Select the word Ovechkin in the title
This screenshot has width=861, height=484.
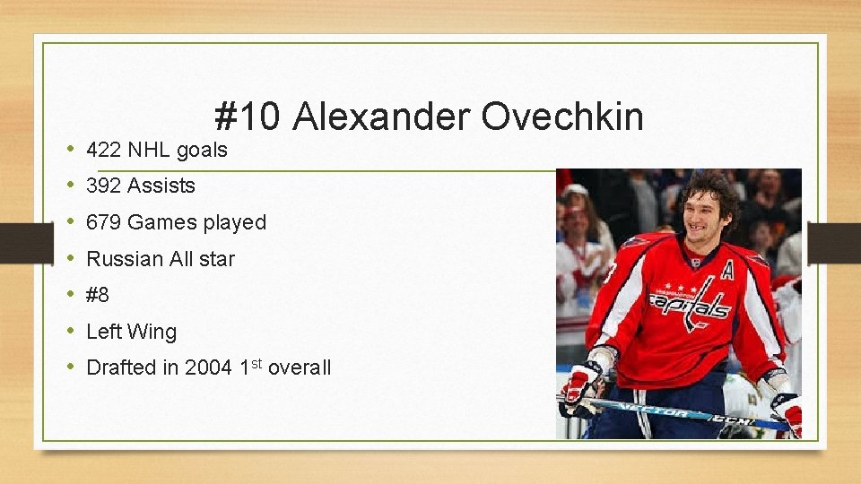562,117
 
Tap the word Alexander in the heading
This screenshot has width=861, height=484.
380,117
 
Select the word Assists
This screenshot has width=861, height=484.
161,186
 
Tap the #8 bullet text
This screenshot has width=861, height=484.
98,295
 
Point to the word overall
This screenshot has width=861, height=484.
300,367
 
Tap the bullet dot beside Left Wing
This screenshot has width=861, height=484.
70,332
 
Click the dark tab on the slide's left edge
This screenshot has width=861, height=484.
16,243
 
